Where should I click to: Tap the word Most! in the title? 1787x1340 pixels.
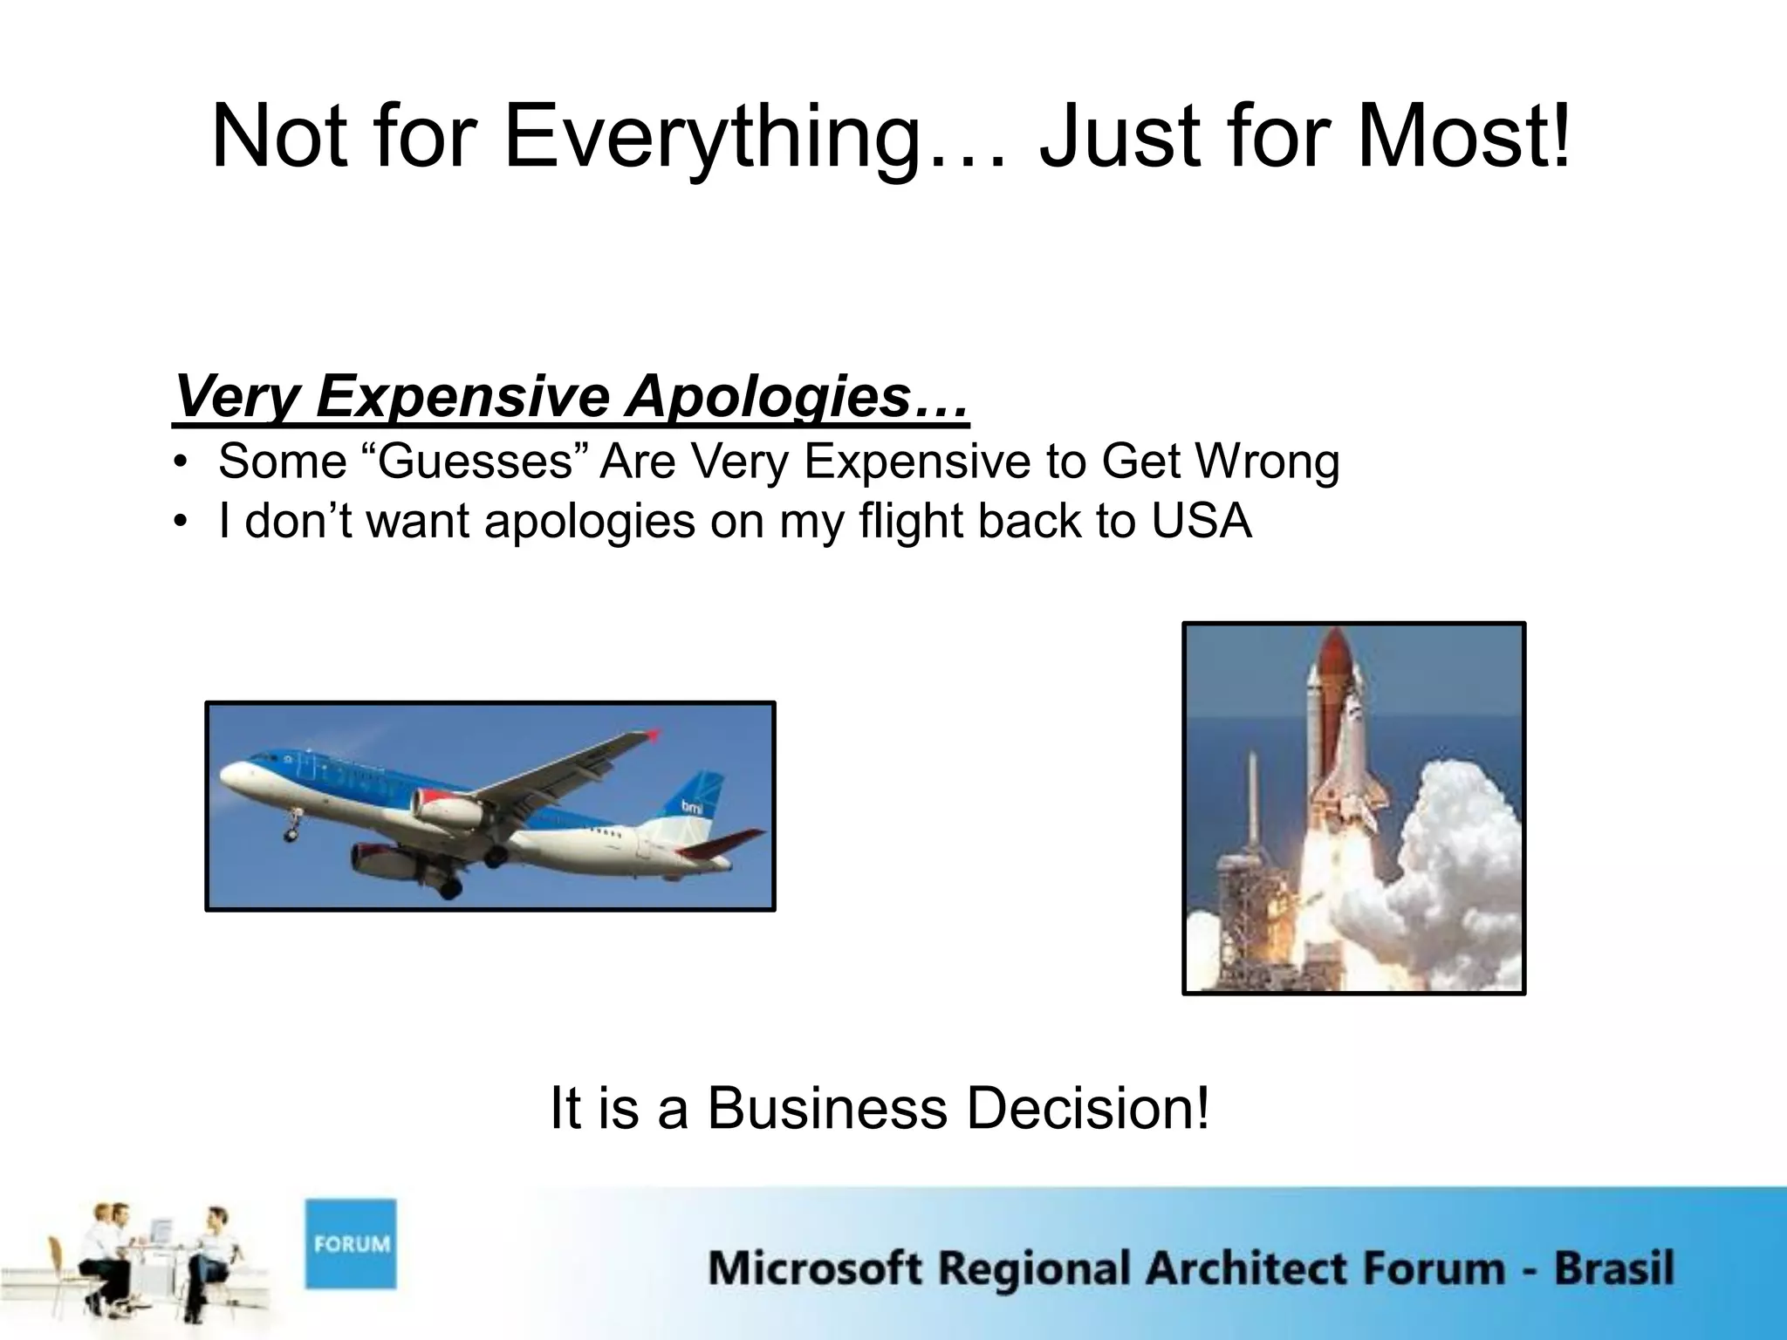(1464, 138)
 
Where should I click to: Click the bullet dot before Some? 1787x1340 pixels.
(181, 463)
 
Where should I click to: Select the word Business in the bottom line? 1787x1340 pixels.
(826, 1109)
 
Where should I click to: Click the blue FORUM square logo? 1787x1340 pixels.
(351, 1243)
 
